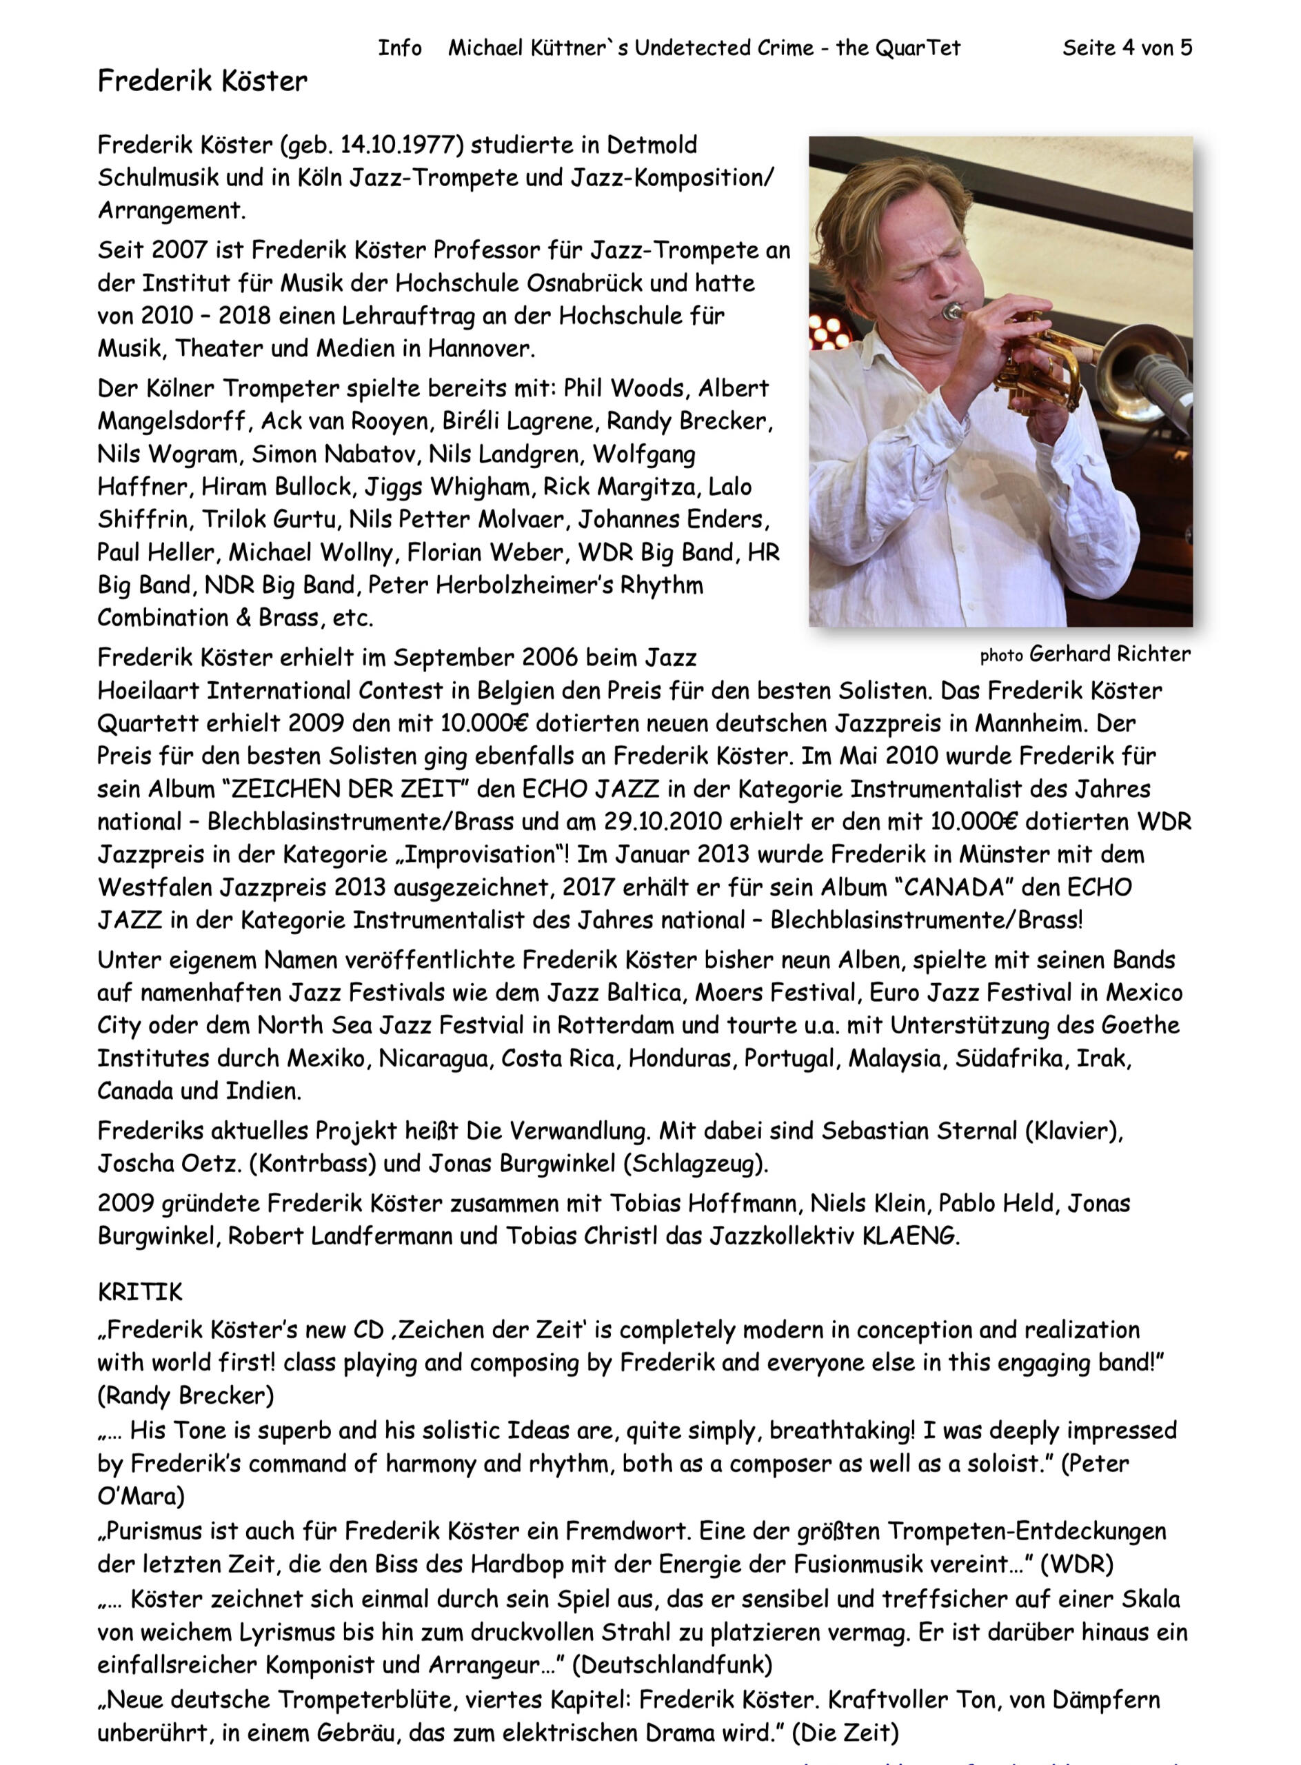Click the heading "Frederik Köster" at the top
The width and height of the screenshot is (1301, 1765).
[203, 81]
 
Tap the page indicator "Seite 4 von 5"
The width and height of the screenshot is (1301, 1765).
[1127, 48]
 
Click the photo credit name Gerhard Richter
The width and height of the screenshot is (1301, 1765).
[1109, 654]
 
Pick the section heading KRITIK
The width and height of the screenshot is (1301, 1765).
[139, 1291]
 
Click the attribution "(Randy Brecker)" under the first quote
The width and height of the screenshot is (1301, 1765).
[186, 1395]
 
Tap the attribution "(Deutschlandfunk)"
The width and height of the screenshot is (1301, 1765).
[672, 1664]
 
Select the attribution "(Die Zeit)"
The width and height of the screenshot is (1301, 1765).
[845, 1732]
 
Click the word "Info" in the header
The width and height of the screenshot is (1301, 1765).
[400, 48]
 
